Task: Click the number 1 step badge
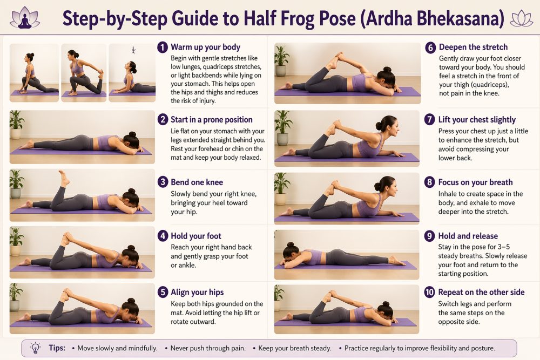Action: coord(163,47)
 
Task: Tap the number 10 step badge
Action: coord(430,292)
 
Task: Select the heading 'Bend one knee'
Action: coord(197,182)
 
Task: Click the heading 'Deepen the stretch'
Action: coord(473,47)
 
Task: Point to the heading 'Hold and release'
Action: coord(468,236)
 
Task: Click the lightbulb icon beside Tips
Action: coord(36,348)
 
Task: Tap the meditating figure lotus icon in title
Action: coord(25,18)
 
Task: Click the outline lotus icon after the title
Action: coord(522,18)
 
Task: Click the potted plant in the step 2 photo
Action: coord(17,124)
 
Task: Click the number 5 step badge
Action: coord(163,292)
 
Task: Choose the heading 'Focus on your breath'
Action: coord(475,182)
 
